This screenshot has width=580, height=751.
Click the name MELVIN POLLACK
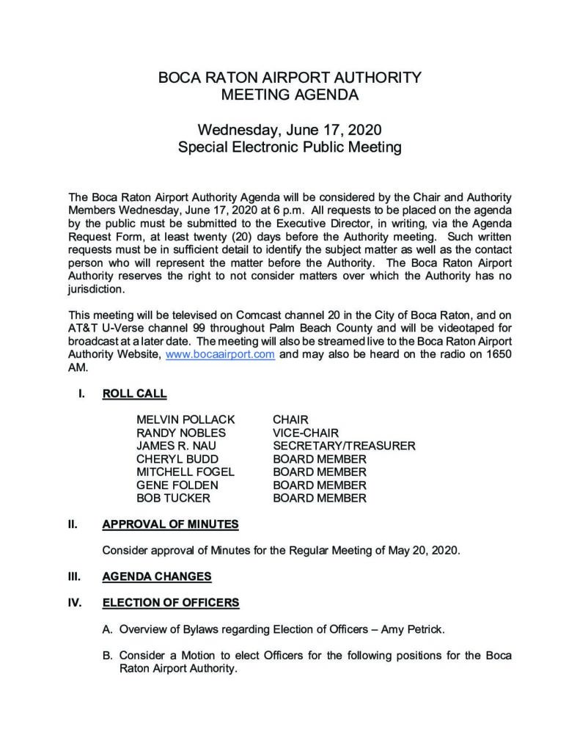pos(186,420)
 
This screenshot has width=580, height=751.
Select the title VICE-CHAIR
pos(306,433)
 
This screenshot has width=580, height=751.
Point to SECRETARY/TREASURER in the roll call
pos(344,446)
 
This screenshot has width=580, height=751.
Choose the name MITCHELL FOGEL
pos(186,472)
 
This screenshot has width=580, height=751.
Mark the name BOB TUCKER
pos(174,499)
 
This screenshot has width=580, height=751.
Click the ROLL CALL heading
pos(134,394)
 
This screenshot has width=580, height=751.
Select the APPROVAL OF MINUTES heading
pos(169,525)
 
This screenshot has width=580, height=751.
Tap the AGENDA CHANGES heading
pos(157,576)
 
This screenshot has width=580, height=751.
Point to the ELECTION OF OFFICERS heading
pos(170,603)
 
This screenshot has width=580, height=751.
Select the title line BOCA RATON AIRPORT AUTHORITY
pos(290,77)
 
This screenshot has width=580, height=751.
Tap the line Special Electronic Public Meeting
pos(290,147)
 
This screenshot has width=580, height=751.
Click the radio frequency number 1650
pos(498,354)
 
